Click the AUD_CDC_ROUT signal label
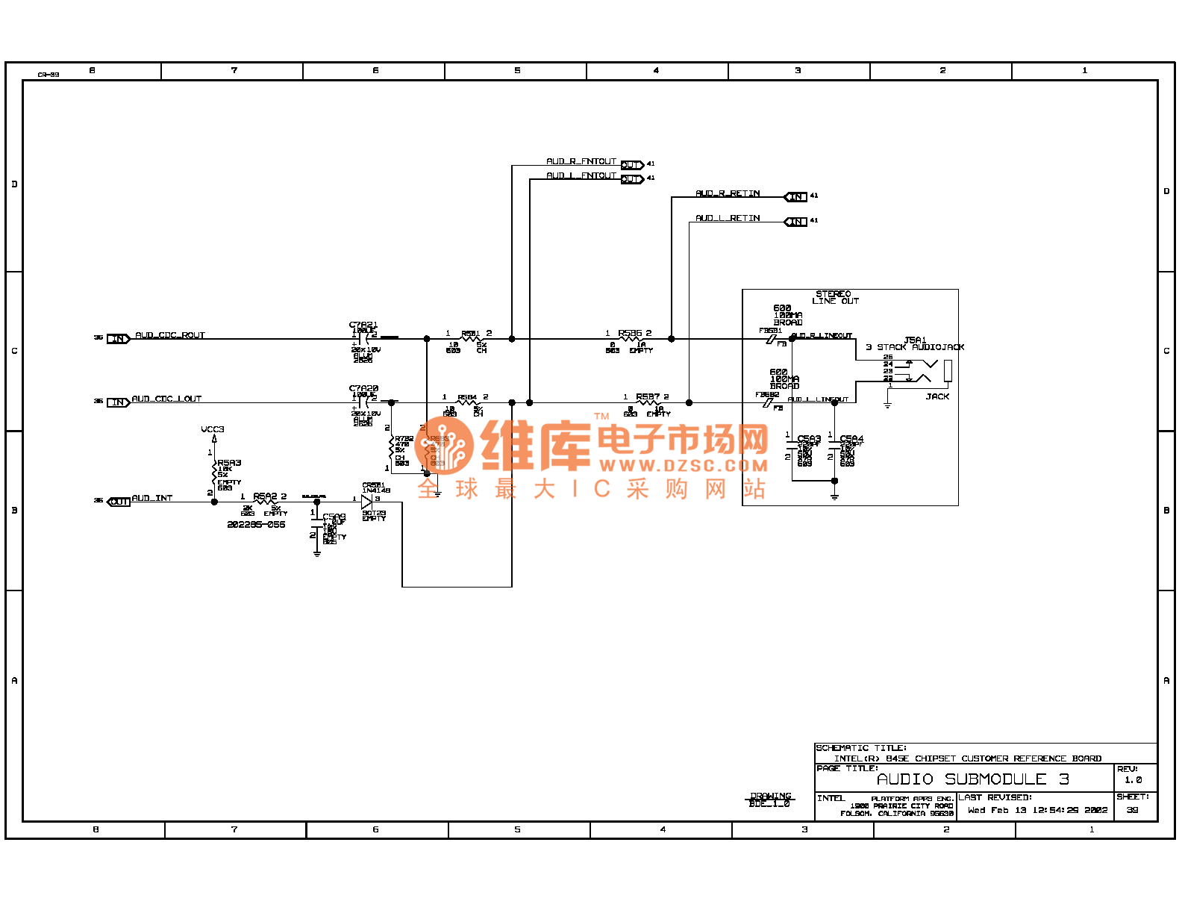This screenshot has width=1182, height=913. tap(169, 335)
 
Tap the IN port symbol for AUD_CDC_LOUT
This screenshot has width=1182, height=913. tap(118, 402)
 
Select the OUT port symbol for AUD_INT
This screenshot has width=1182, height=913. tap(119, 502)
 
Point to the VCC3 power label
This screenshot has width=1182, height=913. tap(213, 429)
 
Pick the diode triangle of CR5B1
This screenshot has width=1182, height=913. tap(366, 502)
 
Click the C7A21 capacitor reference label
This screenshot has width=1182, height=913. tap(363, 325)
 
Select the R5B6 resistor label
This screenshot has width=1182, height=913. tap(630, 333)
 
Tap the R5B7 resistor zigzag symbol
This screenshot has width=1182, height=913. tap(647, 403)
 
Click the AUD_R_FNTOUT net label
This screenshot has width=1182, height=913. tap(581, 161)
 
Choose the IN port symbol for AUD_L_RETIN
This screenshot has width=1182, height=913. tap(796, 221)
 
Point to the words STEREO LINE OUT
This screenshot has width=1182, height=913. tap(835, 297)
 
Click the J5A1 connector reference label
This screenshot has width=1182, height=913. tap(915, 340)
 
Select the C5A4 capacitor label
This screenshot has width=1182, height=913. tap(851, 439)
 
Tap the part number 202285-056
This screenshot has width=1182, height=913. tap(256, 525)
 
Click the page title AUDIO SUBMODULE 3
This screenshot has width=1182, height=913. tap(973, 779)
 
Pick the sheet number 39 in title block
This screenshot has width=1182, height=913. tap(1132, 810)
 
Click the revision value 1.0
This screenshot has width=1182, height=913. tap(1133, 780)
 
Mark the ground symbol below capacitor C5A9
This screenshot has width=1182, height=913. tap(317, 552)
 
